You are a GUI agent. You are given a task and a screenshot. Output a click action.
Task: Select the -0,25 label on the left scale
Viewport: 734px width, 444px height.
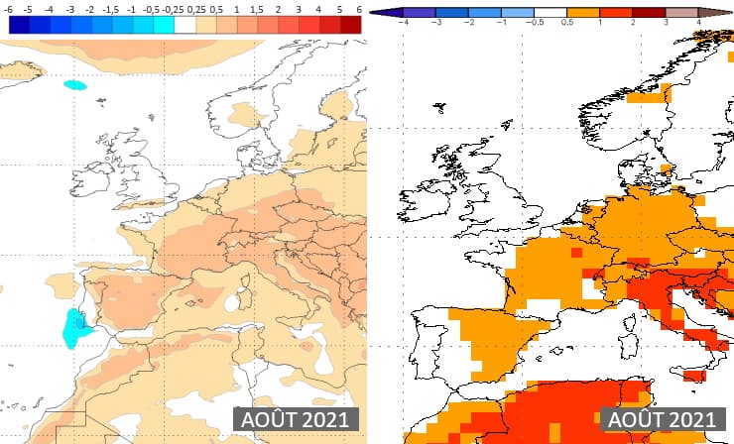(x=175, y=9)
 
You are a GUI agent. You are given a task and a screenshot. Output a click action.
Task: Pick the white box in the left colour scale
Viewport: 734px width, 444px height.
(x=185, y=25)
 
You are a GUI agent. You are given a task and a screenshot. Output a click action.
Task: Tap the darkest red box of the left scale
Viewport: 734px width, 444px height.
(x=352, y=25)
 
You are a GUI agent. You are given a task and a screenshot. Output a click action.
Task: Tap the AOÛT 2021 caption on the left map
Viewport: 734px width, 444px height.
(x=295, y=419)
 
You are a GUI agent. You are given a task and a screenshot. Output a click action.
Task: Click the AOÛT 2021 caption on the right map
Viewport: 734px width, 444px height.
(x=661, y=419)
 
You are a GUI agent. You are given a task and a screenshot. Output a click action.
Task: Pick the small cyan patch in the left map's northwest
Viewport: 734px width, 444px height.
(x=74, y=85)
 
